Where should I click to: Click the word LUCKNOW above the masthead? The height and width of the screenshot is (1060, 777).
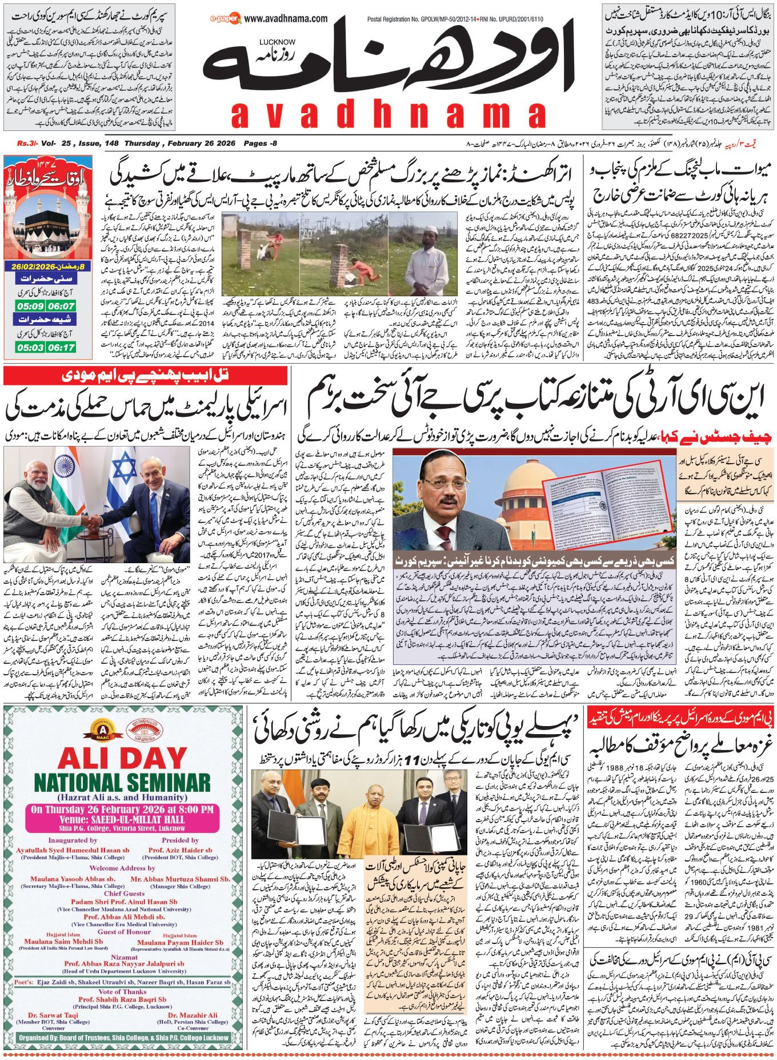pos(277,42)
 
